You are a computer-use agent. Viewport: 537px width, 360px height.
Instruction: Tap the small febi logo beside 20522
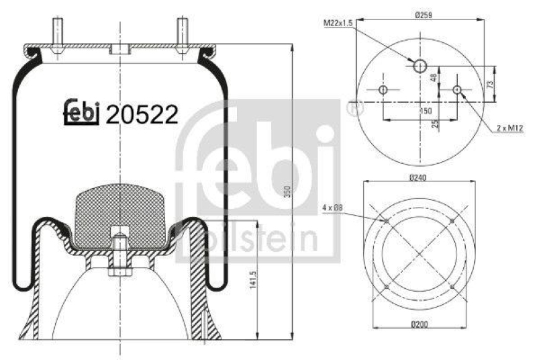click(82, 114)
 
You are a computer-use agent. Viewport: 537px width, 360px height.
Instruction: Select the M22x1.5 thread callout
click(340, 23)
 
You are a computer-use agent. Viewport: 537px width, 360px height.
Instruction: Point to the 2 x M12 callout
click(509, 127)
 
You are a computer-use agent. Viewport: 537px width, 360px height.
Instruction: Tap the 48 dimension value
click(434, 78)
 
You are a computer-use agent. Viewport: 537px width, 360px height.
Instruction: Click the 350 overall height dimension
click(286, 190)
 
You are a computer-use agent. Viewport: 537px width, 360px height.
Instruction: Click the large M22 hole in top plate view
click(420, 65)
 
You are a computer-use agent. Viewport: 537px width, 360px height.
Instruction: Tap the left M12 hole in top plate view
click(383, 90)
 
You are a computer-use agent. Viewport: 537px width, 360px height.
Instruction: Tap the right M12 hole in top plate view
click(457, 90)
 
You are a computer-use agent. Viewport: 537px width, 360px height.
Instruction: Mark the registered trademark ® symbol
click(352, 107)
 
